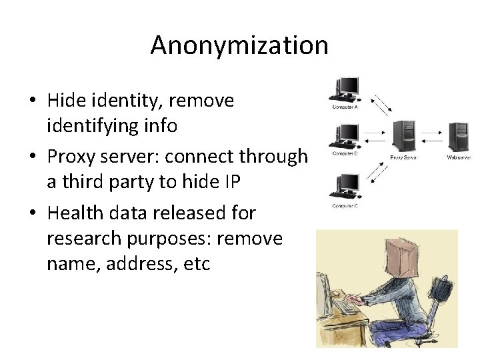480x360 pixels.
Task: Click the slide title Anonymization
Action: point(239,46)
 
